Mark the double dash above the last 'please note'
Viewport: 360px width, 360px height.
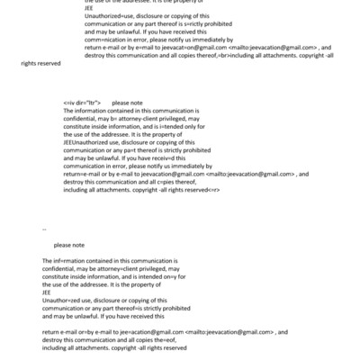click(44, 229)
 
